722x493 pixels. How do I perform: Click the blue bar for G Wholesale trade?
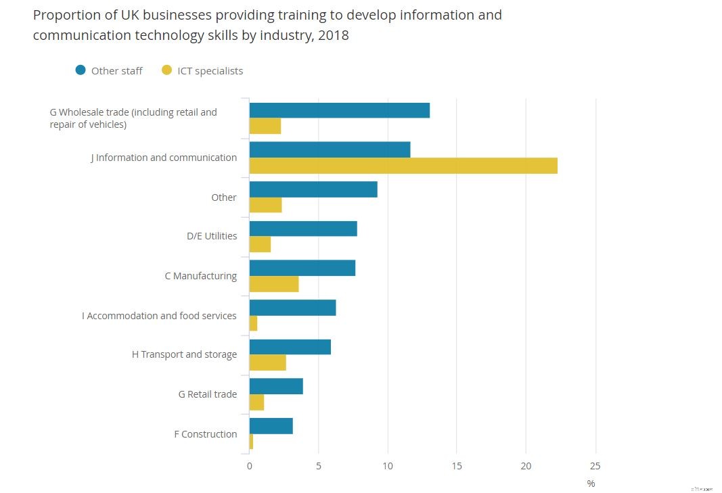point(339,110)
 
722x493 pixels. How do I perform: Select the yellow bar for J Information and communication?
point(403,166)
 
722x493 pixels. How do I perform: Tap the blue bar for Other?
point(313,189)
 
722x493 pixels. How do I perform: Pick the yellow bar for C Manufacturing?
point(274,284)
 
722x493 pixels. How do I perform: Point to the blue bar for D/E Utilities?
point(303,229)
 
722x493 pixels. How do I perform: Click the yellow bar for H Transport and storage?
point(268,362)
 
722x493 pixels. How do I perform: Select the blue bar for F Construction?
point(271,426)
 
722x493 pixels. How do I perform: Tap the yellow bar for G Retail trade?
point(256,402)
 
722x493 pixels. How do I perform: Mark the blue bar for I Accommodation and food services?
point(292,308)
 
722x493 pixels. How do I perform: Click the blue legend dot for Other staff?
point(81,70)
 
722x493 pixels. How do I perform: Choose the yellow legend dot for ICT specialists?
point(166,70)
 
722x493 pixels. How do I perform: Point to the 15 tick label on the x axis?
point(456,466)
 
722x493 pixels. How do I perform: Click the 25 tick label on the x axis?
point(595,466)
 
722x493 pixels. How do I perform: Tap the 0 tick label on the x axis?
point(249,466)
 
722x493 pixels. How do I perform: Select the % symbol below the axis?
point(591,484)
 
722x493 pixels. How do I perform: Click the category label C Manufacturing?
point(201,276)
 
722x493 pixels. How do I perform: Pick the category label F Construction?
point(206,434)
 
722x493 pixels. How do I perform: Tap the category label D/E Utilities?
point(212,236)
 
